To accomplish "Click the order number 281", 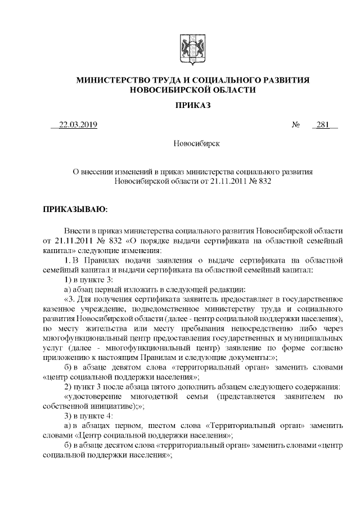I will coord(322,125).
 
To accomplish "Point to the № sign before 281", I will coord(295,125).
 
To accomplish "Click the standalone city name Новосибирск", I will coord(188,143).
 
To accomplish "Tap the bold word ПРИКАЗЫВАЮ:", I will coord(75,209).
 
